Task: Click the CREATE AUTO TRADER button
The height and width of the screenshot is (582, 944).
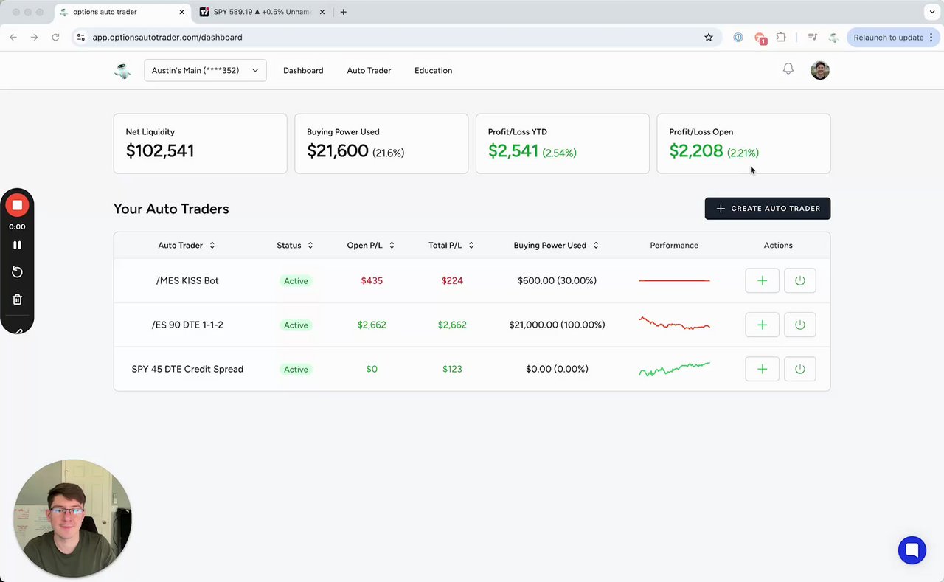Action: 767,209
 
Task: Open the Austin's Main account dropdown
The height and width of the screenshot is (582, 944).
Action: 205,71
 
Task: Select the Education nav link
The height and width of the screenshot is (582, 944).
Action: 433,71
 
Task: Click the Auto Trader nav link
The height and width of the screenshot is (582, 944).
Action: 369,71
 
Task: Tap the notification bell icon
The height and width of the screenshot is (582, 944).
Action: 788,69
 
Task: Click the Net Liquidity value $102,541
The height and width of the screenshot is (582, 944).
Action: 160,151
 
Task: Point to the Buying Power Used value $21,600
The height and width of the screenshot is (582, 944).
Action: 338,151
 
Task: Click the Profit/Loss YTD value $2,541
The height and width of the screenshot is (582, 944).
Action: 513,151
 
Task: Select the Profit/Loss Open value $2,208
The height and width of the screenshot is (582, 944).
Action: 695,151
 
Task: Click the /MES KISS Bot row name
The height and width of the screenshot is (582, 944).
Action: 187,280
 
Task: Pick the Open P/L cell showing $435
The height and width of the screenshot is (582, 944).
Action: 372,280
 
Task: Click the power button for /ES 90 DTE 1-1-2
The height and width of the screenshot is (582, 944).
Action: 799,325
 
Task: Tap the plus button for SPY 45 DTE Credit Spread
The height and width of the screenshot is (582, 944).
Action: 762,369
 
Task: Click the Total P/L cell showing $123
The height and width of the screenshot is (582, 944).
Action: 452,369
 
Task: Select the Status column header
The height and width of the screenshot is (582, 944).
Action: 289,246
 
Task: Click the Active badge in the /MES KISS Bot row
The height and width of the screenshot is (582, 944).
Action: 296,281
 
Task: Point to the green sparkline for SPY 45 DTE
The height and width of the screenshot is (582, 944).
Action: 674,369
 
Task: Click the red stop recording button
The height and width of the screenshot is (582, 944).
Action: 17,205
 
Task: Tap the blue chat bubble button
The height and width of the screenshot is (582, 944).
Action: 912,550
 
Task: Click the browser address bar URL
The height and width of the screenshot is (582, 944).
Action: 167,38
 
